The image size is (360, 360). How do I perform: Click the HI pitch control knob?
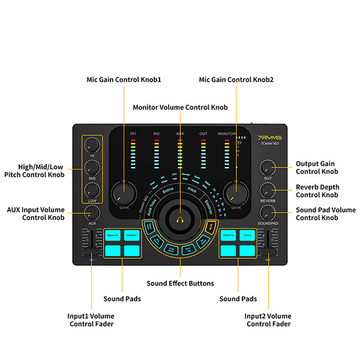point(92,145)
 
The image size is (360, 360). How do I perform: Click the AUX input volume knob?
point(92,212)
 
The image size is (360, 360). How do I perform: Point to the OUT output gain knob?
point(268,168)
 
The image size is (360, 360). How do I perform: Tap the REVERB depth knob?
point(268,190)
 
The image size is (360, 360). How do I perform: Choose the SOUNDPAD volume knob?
point(268,212)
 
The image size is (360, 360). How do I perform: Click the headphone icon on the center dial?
point(179,220)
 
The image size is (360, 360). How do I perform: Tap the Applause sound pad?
point(113,236)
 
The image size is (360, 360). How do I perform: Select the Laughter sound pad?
point(132,236)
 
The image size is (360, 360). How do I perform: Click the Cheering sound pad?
point(229,236)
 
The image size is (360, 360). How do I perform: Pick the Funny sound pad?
point(248,236)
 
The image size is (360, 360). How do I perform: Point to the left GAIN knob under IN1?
point(124,193)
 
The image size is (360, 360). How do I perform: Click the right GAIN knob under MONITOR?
point(236,193)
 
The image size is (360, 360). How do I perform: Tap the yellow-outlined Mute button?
point(211,227)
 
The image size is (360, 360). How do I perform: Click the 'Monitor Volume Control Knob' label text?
point(180,107)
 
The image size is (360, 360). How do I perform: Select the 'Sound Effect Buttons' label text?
point(180,283)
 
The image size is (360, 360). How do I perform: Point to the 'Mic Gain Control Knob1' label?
point(124,79)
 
